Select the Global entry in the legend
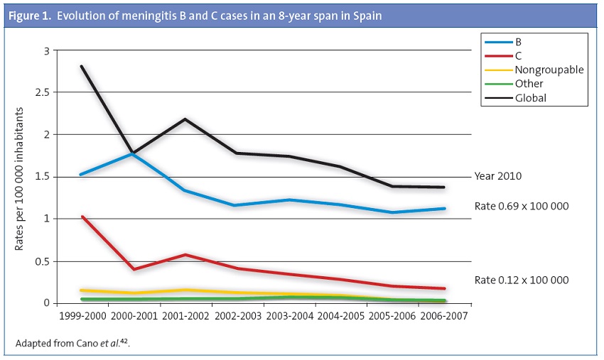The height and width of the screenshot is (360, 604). click(x=532, y=98)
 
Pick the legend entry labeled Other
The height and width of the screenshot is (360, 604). click(x=529, y=84)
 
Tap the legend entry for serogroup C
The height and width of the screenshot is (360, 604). click(x=518, y=55)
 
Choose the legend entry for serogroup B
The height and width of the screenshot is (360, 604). click(x=518, y=42)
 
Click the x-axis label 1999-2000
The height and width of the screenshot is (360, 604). click(x=84, y=315)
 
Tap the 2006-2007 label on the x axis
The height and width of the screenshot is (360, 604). click(x=446, y=315)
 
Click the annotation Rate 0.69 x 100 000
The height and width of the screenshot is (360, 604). click(x=521, y=206)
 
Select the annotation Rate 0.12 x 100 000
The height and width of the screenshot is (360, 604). click(x=521, y=280)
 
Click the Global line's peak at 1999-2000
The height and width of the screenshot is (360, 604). click(x=82, y=67)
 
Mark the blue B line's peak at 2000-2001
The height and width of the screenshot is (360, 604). click(x=134, y=153)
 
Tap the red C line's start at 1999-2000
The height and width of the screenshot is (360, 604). click(x=82, y=217)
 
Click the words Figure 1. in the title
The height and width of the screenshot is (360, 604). click(x=30, y=15)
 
